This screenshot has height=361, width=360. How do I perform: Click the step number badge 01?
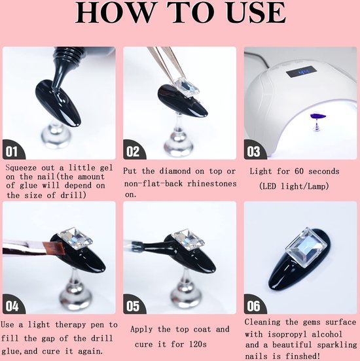click(x=12, y=150)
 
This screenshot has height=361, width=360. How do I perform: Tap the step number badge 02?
click(x=134, y=150)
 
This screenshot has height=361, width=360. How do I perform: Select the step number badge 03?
click(x=254, y=150)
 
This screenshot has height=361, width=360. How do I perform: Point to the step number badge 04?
click(x=12, y=305)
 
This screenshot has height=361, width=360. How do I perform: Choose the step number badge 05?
click(x=134, y=305)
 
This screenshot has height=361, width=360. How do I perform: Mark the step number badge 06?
click(x=254, y=305)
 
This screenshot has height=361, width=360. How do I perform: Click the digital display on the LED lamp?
click(x=301, y=72)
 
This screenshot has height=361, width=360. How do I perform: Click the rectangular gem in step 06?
click(x=306, y=247)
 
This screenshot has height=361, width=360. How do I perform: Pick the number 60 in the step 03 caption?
click(x=299, y=171)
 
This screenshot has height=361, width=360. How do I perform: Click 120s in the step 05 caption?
click(x=198, y=344)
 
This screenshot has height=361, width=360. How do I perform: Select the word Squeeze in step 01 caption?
click(x=21, y=168)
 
